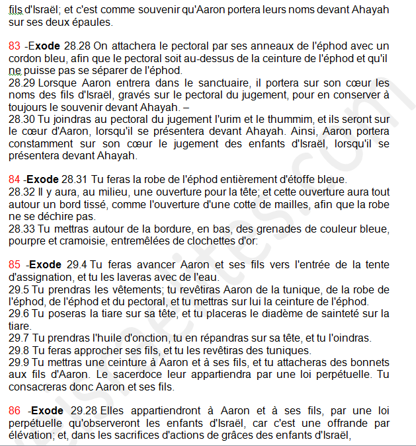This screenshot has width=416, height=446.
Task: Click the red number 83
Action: [15, 46]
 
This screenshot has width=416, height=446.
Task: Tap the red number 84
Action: [15, 180]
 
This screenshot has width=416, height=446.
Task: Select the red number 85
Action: [15, 265]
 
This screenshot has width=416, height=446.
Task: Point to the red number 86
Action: [15, 410]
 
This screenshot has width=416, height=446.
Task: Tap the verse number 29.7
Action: [19, 338]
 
